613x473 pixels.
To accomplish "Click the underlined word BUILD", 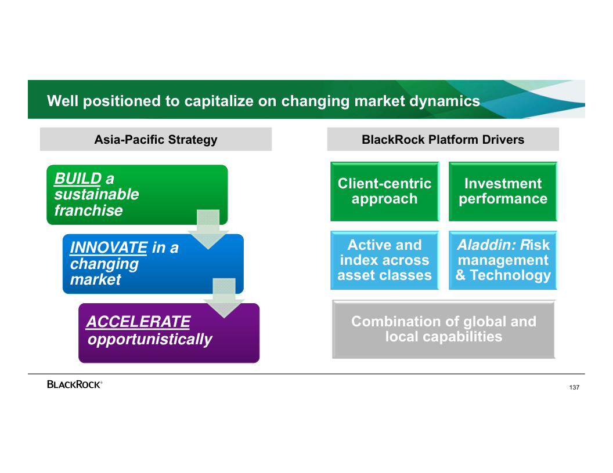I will (78, 179).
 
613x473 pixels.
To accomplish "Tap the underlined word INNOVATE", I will (108, 248).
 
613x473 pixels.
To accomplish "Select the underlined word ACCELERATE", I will (138, 322).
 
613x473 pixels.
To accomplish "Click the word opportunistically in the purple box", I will (150, 339).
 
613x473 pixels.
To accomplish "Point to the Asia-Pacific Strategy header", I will (156, 140).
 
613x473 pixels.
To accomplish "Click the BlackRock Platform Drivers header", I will (443, 140).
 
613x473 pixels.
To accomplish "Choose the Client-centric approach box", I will (384, 191).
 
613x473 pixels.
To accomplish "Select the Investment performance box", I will (503, 191).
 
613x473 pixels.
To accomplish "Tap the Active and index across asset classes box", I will (384, 260).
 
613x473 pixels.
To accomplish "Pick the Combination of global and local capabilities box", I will (443, 329).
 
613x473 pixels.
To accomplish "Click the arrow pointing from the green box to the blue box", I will (208, 230).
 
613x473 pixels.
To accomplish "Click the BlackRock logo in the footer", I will (74, 384).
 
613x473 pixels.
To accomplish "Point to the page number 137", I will (574, 387).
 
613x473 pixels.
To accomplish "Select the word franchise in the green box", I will (89, 210).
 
